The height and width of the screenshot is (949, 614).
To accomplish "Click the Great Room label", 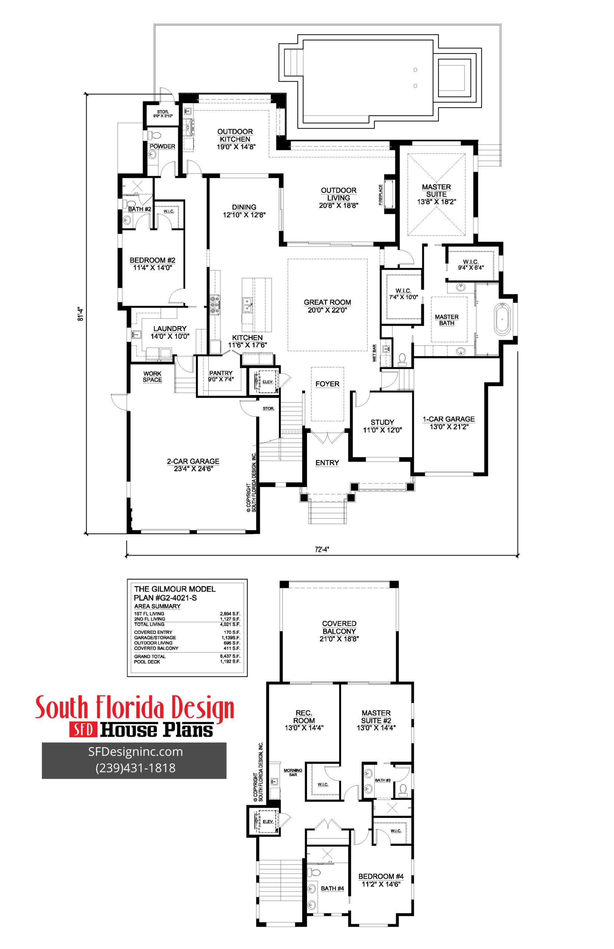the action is [327, 306].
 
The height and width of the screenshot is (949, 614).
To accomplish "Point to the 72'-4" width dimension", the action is [322, 549].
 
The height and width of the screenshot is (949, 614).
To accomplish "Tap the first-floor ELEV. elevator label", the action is [268, 382].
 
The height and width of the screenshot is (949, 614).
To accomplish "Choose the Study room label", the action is [382, 426].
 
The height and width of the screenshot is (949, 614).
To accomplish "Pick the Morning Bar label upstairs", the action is [293, 773].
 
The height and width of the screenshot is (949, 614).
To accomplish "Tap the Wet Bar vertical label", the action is [374, 353].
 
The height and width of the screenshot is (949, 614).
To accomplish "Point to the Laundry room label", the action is [170, 332].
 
